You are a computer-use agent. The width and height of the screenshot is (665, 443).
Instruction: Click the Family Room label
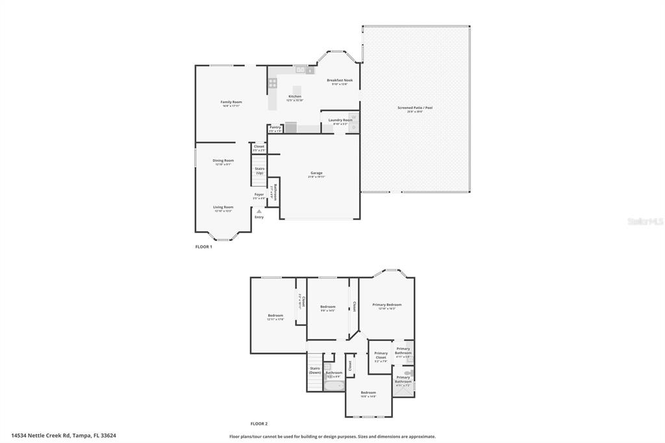pyautogui.click(x=231, y=103)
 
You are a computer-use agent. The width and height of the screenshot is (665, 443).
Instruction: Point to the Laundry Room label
pyautogui.click(x=340, y=121)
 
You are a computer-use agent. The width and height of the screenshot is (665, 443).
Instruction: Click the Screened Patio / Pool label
pyautogui.click(x=415, y=109)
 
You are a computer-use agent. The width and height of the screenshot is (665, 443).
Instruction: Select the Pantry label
pyautogui.click(x=275, y=128)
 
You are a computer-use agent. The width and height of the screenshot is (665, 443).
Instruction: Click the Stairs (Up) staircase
pyautogui.click(x=259, y=172)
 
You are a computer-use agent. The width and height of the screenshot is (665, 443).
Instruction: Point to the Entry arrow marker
pyautogui.click(x=259, y=211)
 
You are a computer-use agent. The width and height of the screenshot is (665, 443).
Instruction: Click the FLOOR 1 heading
pyautogui.click(x=204, y=247)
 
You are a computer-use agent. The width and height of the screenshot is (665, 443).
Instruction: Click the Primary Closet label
pyautogui.click(x=381, y=355)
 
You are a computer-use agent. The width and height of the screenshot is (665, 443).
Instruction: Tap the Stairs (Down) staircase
pyautogui.click(x=315, y=372)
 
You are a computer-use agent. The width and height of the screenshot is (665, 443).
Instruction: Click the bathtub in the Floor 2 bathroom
pyautogui.click(x=333, y=385)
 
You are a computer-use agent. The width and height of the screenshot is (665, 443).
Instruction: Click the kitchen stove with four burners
pyautogui.click(x=273, y=82)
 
